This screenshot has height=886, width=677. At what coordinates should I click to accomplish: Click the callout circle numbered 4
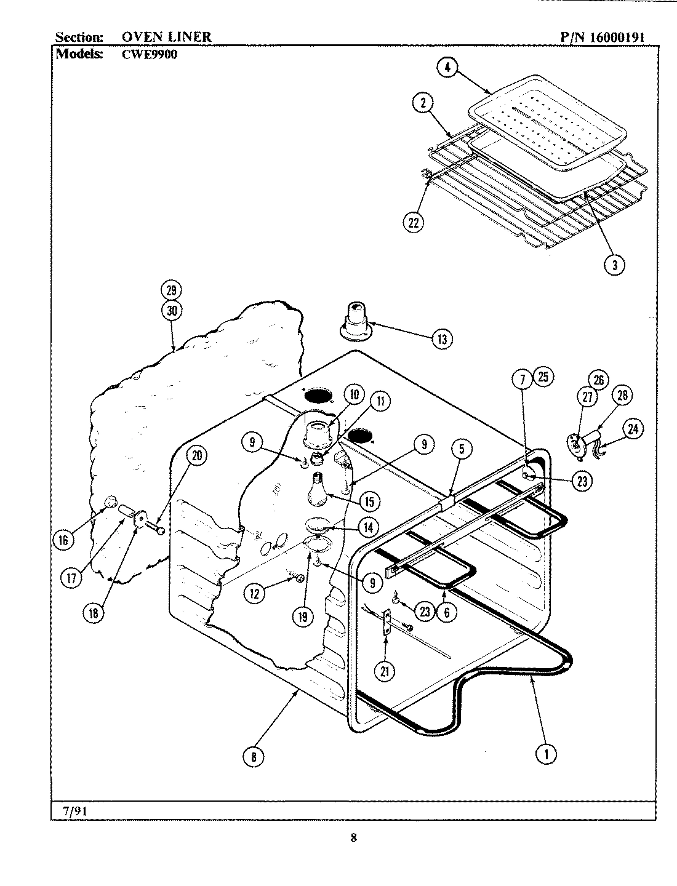click(447, 68)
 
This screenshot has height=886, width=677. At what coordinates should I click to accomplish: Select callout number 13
click(442, 338)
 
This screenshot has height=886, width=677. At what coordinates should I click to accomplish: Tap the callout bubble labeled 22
click(414, 223)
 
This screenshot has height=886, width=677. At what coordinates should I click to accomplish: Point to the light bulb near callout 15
click(318, 489)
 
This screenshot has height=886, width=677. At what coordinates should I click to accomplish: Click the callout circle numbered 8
click(254, 757)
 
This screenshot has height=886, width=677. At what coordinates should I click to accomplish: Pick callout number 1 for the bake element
click(546, 753)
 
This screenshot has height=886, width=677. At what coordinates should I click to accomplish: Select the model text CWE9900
click(145, 53)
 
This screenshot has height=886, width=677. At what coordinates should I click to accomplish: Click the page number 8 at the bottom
click(353, 837)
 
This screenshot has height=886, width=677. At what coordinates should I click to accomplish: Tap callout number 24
click(633, 429)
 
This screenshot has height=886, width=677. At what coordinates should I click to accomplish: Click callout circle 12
click(254, 593)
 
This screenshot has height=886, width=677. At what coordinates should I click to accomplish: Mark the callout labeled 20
click(196, 456)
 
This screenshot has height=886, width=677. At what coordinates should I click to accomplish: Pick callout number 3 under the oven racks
click(614, 265)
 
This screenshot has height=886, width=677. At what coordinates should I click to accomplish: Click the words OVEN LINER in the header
click(162, 37)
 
